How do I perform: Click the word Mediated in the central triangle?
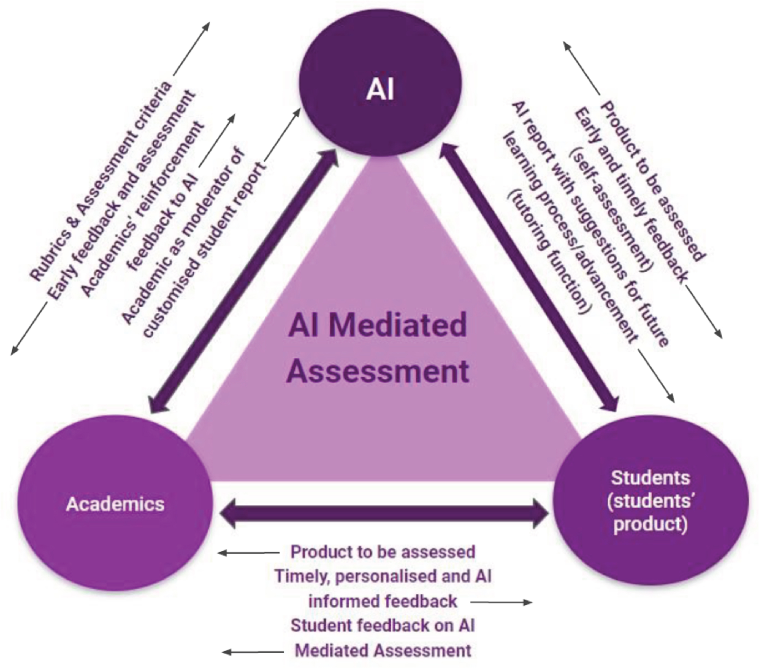coord(398,324)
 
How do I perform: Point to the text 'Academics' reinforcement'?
coord(143,208)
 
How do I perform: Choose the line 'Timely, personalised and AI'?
coord(383,576)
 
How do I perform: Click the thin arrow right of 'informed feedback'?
coord(501,602)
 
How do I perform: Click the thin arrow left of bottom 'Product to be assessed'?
coord(248,553)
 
